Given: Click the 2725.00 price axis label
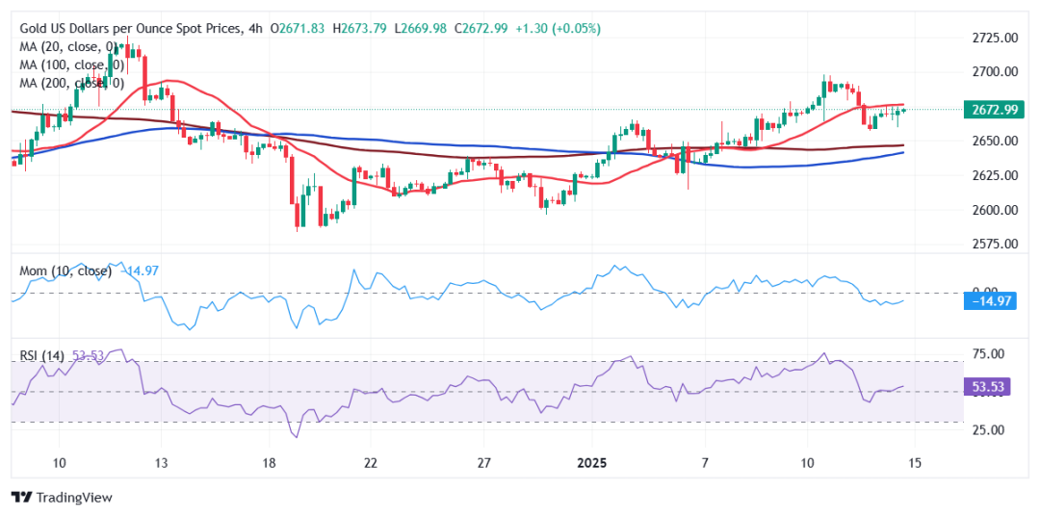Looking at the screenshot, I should click(x=995, y=38).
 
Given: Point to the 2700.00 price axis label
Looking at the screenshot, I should click(x=995, y=72).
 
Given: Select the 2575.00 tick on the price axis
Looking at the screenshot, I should click(x=995, y=244).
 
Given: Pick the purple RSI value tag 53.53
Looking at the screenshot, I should click(x=990, y=387).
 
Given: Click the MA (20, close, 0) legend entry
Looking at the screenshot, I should click(x=68, y=46).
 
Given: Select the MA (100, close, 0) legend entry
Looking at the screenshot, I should click(x=71, y=64).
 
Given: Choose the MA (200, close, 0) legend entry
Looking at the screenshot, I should click(x=71, y=83).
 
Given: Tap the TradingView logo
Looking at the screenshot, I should click(x=62, y=497).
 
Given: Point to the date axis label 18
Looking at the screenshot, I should click(x=269, y=463).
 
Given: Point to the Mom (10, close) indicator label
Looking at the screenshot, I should click(x=65, y=271).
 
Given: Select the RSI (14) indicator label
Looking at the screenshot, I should click(x=42, y=356).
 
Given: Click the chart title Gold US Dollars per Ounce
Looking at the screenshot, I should click(x=125, y=29).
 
